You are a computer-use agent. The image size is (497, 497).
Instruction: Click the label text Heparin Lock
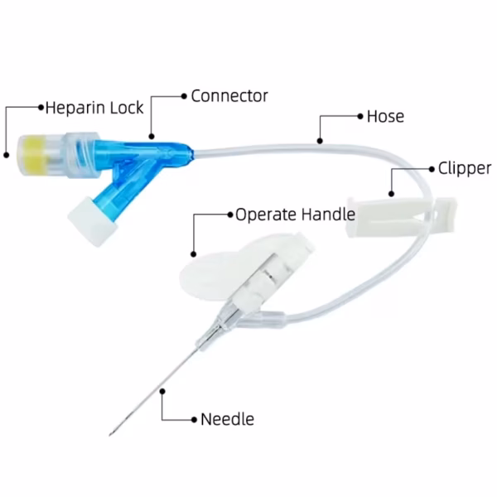tap(94, 108)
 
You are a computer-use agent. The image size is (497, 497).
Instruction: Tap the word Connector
tap(229, 95)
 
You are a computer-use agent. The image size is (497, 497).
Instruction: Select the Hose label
tap(385, 116)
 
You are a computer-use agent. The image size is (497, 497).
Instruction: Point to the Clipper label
tap(464, 168)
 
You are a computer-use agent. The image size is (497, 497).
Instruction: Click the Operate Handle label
tap(295, 215)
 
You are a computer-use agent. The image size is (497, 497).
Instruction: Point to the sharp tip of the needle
tap(111, 432)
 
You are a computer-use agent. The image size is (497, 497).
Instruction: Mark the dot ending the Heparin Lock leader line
tap(7, 153)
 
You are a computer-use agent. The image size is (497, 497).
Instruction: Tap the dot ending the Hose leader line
tap(320, 141)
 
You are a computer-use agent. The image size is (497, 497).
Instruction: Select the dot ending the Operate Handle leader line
tap(193, 252)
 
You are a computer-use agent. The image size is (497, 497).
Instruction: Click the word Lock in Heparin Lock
tap(127, 108)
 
